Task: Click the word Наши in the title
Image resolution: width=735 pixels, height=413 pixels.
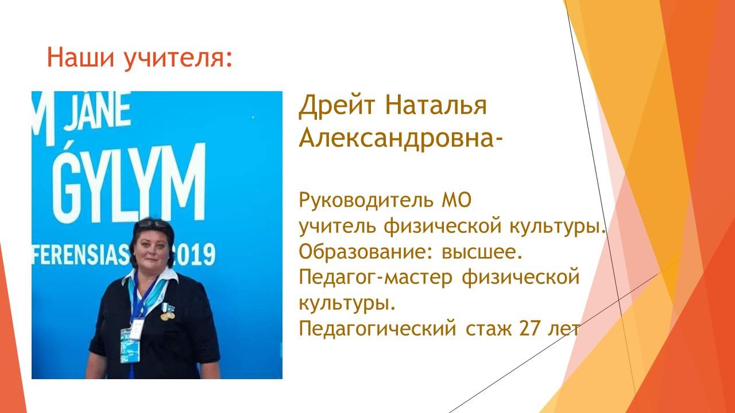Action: pos(80,57)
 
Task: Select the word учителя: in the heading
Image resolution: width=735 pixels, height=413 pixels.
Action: pos(178,59)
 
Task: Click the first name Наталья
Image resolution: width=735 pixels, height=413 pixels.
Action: pos(436,105)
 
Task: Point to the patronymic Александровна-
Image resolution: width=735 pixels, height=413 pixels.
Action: pos(400,138)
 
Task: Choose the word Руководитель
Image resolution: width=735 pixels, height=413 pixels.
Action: pos(366,200)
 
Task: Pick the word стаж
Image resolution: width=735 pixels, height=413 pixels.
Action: pos(489,329)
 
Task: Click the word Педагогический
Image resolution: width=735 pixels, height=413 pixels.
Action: pos(377,329)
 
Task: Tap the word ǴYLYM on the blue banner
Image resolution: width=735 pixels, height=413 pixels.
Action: pos(129,182)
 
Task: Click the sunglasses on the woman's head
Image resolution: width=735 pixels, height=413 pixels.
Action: pos(153,224)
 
